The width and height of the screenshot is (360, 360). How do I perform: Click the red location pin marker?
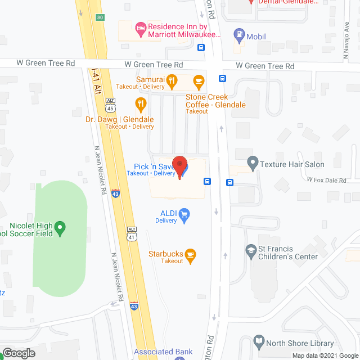click(x=179, y=166)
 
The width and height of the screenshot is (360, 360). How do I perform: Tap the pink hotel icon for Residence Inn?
click(x=141, y=26)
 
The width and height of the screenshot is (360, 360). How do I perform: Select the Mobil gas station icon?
click(x=238, y=35)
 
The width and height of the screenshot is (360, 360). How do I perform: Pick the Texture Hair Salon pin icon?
click(x=253, y=165)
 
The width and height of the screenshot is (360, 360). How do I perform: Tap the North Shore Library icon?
click(x=259, y=341)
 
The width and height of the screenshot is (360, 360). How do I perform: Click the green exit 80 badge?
click(x=100, y=17)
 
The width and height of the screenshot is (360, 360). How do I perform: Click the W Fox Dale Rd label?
click(x=326, y=180)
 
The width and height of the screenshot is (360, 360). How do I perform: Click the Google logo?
click(x=19, y=353)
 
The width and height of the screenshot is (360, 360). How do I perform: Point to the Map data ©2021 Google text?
click(x=324, y=355)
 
